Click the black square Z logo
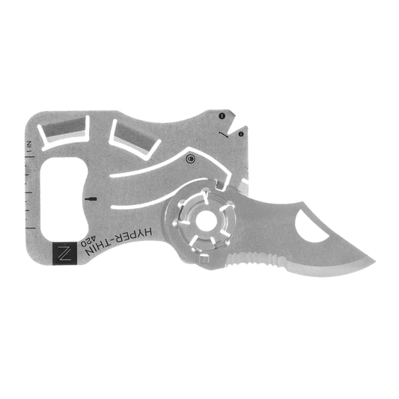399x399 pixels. pyautogui.click(x=64, y=253)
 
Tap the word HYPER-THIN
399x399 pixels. pyautogui.click(x=119, y=241)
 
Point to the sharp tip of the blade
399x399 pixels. pyautogui.click(x=374, y=261)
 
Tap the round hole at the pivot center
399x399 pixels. pyautogui.click(x=207, y=221)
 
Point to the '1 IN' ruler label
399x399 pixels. pyautogui.click(x=29, y=146)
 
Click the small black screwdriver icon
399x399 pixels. pyautogui.click(x=91, y=199)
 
